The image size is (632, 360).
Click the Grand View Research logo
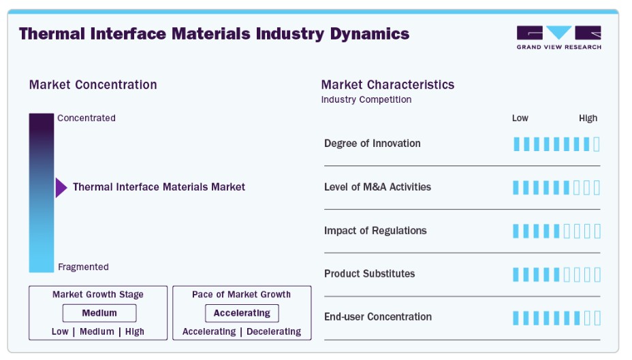point(558,37)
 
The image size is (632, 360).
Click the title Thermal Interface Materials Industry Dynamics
point(214,33)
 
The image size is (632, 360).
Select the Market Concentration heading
point(93,85)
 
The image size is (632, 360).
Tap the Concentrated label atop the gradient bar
point(86,118)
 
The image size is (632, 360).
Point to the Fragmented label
point(83,267)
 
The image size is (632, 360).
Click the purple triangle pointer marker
point(61,187)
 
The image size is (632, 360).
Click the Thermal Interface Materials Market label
point(159,187)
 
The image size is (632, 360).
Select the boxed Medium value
point(99,313)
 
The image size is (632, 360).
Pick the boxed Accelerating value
point(242,313)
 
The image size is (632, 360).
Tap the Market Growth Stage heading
point(98,295)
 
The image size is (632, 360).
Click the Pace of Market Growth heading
point(241,295)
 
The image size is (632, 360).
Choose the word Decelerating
point(274,331)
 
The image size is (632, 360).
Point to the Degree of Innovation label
point(373,144)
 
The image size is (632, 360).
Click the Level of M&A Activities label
point(377,187)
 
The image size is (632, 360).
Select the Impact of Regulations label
point(375,231)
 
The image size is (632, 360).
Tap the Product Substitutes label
point(369,274)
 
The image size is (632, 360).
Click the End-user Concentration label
point(378,317)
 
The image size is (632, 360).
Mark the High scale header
point(588,118)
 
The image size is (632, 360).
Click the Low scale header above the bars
point(520,118)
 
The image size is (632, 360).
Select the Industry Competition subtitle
point(366,99)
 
